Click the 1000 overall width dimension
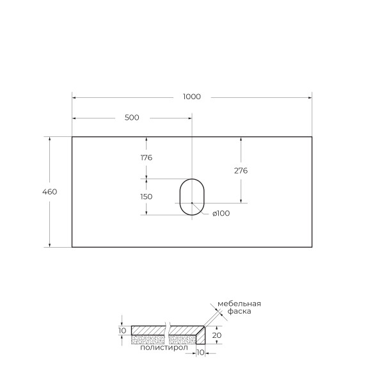[x=191, y=97]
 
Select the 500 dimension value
[x=132, y=118]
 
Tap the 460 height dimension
[x=50, y=192]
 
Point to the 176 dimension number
[x=146, y=157]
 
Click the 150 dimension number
[x=146, y=196]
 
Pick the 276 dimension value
[x=241, y=171]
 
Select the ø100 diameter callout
[x=220, y=214]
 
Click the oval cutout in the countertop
[x=191, y=196]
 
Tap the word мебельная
[x=239, y=303]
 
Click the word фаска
[x=239, y=312]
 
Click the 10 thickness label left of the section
[x=122, y=330]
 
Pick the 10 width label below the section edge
[x=200, y=353]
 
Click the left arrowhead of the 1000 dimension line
[x=74, y=97]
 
